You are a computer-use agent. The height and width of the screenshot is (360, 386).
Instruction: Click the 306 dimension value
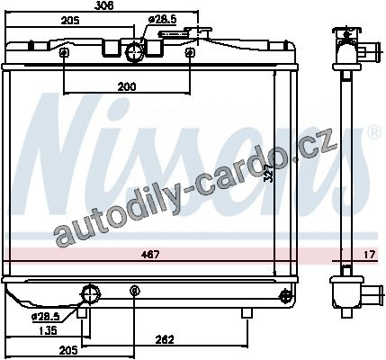tap(103, 5)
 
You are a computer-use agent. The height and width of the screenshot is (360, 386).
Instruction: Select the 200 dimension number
tap(127, 86)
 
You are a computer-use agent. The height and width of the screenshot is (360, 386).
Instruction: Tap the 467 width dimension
tap(149, 255)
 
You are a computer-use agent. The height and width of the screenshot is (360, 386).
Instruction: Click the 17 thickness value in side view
tap(370, 255)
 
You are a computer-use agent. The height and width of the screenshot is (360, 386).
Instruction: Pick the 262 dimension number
tap(165, 340)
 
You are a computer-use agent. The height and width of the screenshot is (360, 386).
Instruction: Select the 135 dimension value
tap(49, 330)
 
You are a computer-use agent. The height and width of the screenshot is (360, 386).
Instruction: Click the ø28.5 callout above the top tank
tap(162, 21)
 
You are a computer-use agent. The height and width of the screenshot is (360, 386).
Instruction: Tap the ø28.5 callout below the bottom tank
tap(46, 316)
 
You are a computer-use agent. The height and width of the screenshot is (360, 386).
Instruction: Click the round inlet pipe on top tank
tap(134, 52)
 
